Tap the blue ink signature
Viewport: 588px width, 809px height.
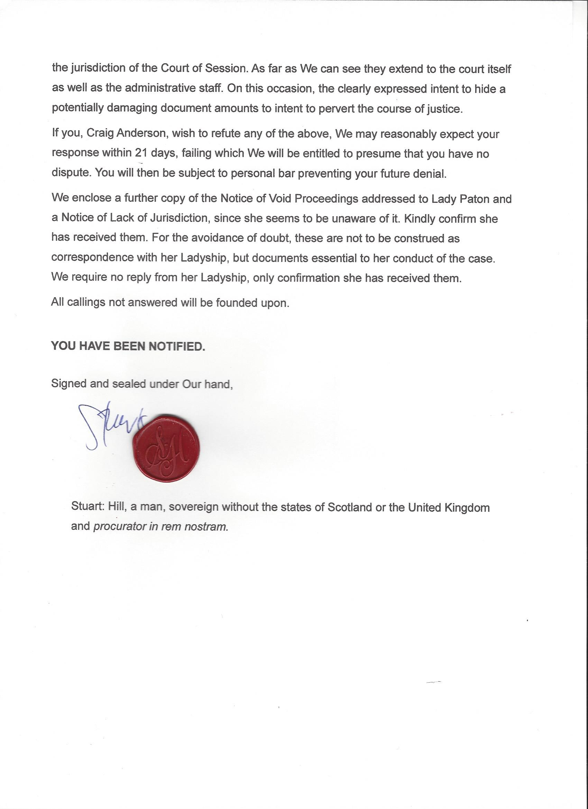click(107, 425)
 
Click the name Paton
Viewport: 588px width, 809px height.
click(475, 199)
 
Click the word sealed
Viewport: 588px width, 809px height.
click(129, 384)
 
